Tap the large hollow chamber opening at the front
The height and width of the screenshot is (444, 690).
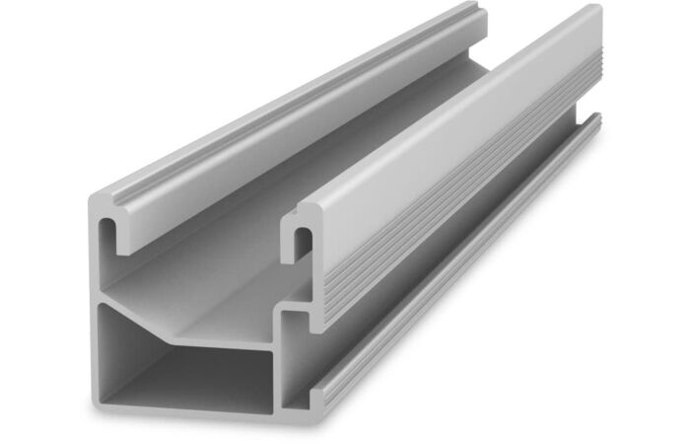point(187,370)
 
